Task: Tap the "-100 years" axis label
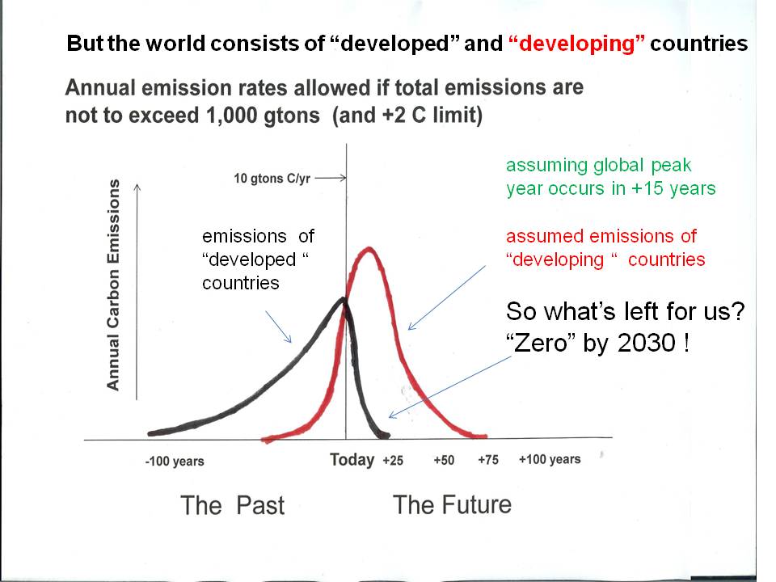pyautogui.click(x=175, y=462)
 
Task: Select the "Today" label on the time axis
pyautogui.click(x=352, y=460)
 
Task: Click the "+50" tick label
pyautogui.click(x=444, y=461)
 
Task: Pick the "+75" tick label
pyautogui.click(x=487, y=461)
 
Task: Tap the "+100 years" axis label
pyautogui.click(x=550, y=460)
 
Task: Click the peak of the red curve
pyautogui.click(x=370, y=248)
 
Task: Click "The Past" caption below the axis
pyautogui.click(x=233, y=506)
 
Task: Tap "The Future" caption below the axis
pyautogui.click(x=452, y=505)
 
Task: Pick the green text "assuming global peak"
pyautogui.click(x=598, y=166)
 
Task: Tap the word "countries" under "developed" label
pyautogui.click(x=241, y=283)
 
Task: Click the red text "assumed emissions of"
pyautogui.click(x=601, y=236)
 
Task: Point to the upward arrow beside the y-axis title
pyautogui.click(x=137, y=291)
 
